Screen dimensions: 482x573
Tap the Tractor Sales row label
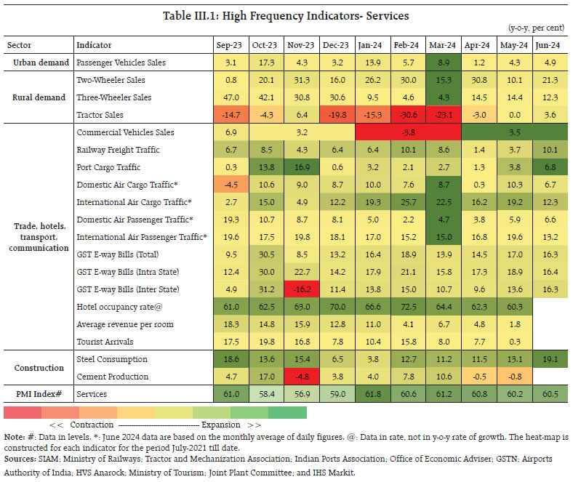coord(100,115)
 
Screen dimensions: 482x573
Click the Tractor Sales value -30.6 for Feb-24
coord(407,115)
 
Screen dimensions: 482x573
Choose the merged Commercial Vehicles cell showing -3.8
coord(407,132)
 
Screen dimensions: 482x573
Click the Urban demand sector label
coord(39,63)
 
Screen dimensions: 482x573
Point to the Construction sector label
coord(39,367)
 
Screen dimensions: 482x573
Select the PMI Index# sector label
coord(39,394)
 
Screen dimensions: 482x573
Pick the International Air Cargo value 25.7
coord(407,202)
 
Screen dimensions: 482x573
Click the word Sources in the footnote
coord(20,459)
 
